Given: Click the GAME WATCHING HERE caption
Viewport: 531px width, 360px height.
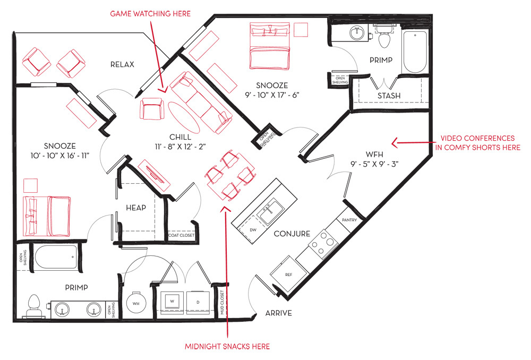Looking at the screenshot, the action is point(150,14).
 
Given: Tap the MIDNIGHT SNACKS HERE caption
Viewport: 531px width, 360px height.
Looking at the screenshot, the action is point(227,346).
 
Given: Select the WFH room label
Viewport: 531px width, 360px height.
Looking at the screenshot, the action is point(374,155).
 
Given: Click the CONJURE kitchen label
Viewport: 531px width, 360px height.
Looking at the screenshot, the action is point(292,234).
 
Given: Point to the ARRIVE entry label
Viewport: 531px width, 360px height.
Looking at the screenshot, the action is point(278,313).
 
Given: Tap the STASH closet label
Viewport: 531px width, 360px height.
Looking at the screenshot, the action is point(389,96).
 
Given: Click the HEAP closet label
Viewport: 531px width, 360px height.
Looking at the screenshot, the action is point(136,208).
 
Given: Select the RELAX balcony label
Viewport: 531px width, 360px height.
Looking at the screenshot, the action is point(122,64).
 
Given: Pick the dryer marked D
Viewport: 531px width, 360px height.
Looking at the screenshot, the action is point(198,302).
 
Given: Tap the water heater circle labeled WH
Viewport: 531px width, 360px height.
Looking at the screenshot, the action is point(136,303).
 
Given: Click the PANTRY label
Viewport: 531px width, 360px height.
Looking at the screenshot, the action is point(349,220).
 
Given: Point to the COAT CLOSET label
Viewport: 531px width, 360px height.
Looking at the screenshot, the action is point(182,235).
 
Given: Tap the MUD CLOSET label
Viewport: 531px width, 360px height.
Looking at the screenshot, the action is point(222,303).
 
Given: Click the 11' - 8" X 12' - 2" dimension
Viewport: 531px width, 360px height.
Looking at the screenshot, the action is point(180,147).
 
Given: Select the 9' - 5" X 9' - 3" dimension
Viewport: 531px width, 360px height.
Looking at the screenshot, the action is point(374,164).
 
